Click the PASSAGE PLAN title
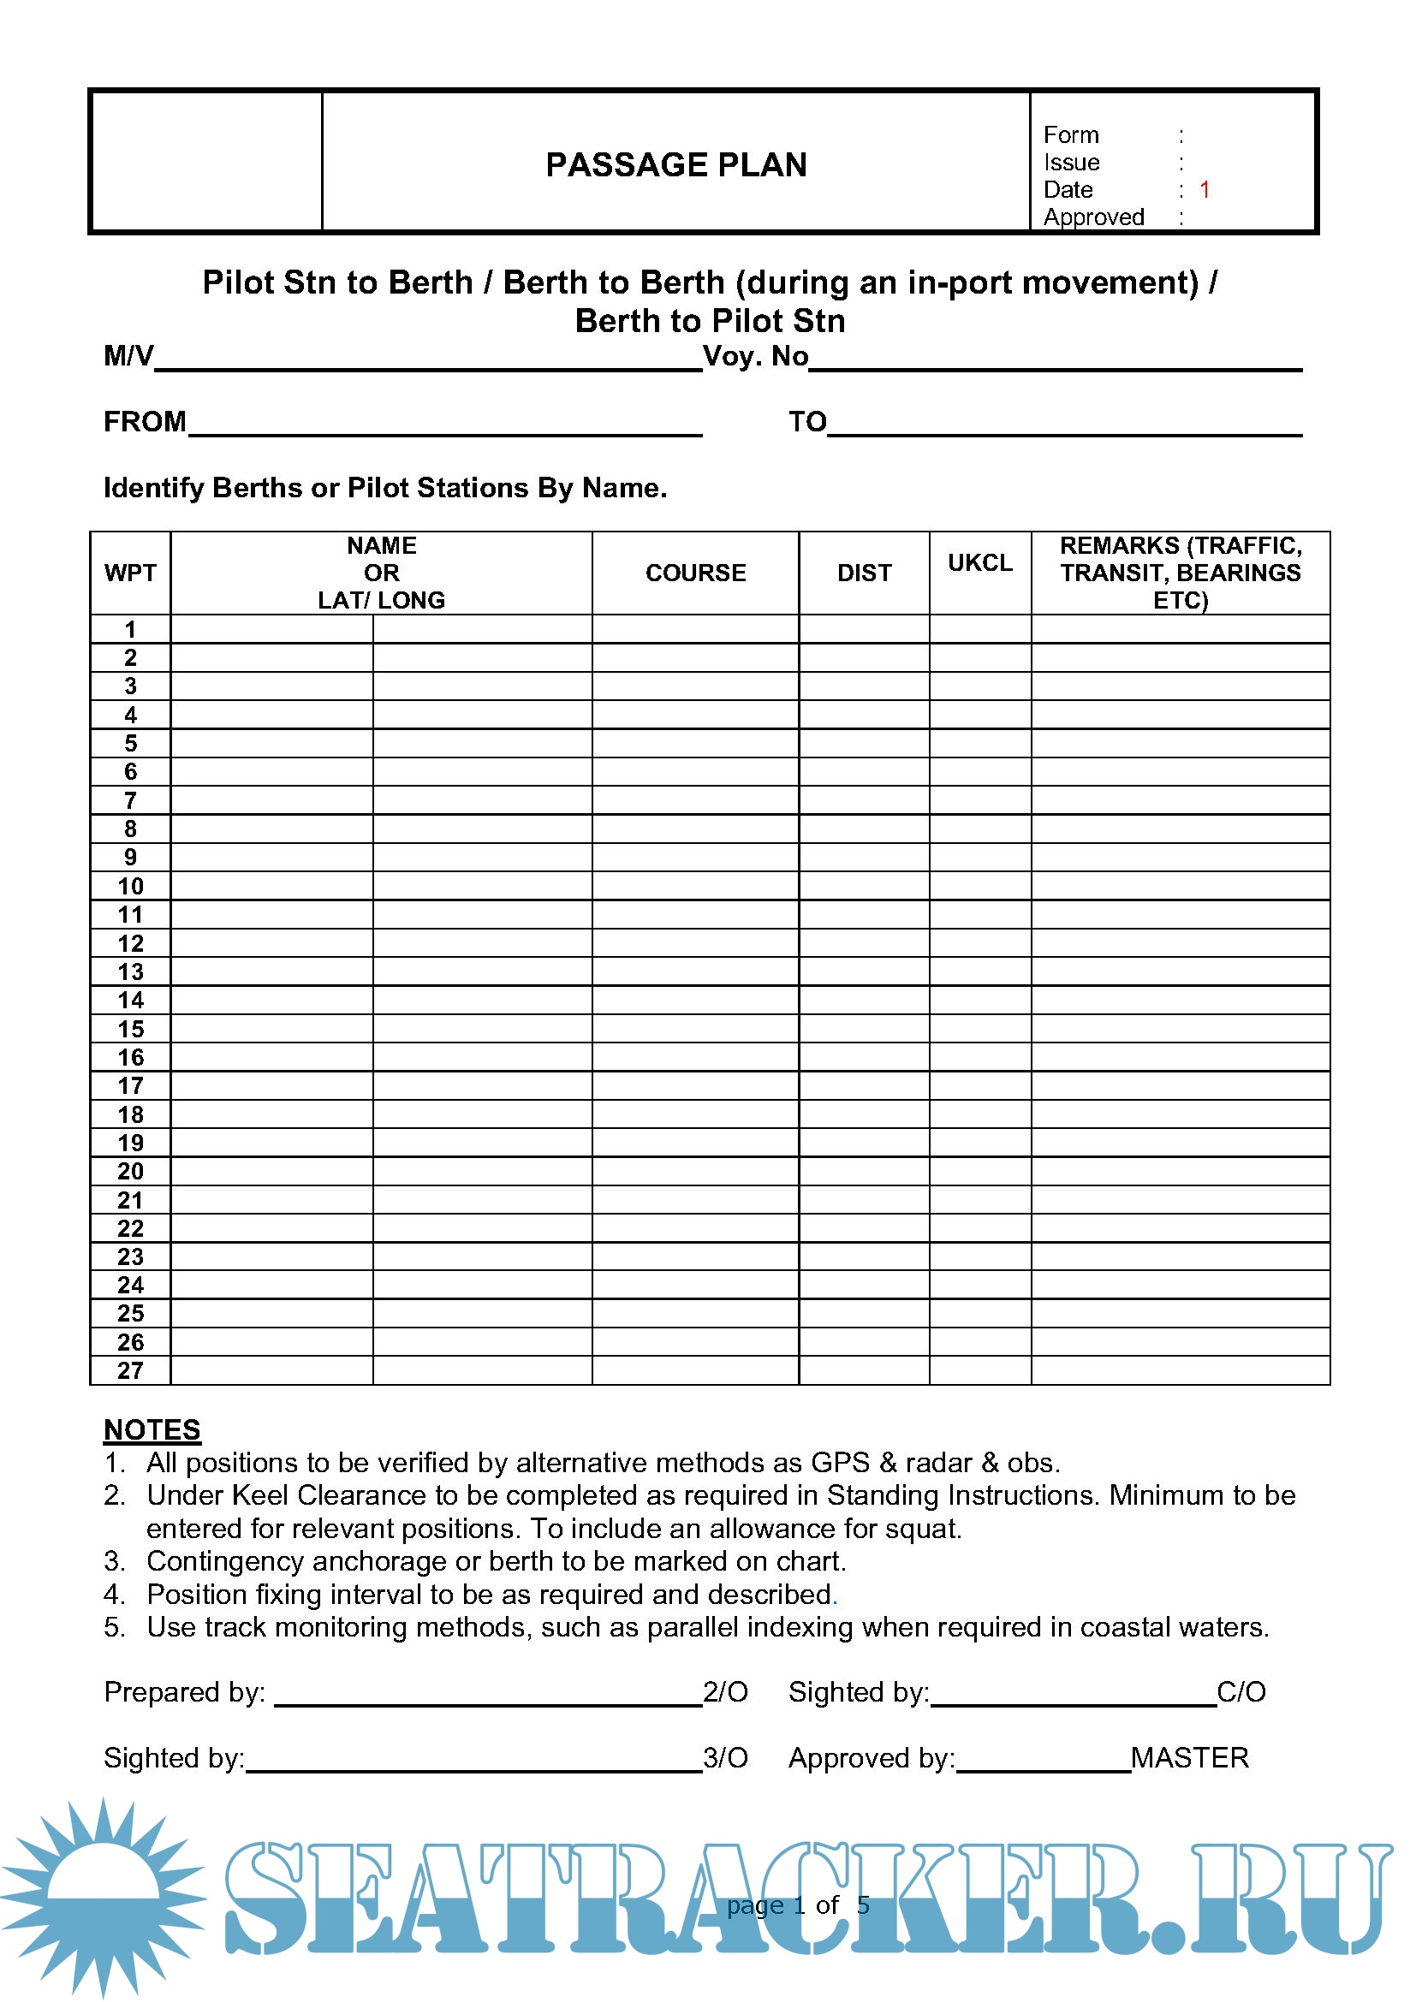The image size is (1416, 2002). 675,165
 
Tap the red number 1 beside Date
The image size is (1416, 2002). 1205,189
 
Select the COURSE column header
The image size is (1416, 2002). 695,573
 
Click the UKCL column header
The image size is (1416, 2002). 980,562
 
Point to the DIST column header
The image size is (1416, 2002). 864,573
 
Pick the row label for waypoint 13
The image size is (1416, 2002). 131,971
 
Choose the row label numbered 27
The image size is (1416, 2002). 131,1369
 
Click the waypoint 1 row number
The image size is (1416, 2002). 131,630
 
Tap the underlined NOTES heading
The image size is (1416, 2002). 152,1430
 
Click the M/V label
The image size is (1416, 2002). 128,356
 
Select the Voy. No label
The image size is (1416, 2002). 755,356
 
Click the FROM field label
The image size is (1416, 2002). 145,422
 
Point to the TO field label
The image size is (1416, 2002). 807,422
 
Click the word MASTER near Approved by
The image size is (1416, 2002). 1189,1757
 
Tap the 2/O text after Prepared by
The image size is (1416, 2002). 725,1691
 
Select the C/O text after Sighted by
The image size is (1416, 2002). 1240,1691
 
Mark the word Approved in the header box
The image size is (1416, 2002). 1093,217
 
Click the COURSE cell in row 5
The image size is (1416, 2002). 695,743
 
